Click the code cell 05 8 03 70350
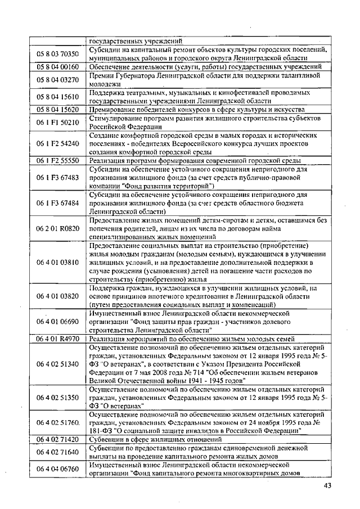58,54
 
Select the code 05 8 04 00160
58,66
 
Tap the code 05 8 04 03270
58,79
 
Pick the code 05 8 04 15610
58,96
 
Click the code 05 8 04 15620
58,109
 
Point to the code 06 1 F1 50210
58,121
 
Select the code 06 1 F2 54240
58,143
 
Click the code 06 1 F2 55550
58,160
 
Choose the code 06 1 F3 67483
58,177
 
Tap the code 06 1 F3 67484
58,203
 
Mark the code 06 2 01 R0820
58,229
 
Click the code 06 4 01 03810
58,262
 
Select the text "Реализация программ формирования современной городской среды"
196,160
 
